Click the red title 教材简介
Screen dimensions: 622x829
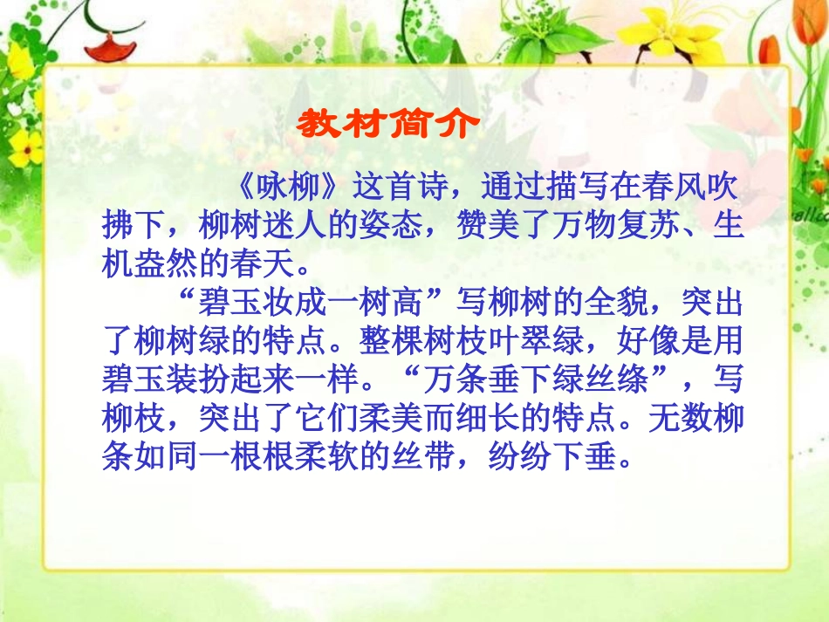tap(387, 124)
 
